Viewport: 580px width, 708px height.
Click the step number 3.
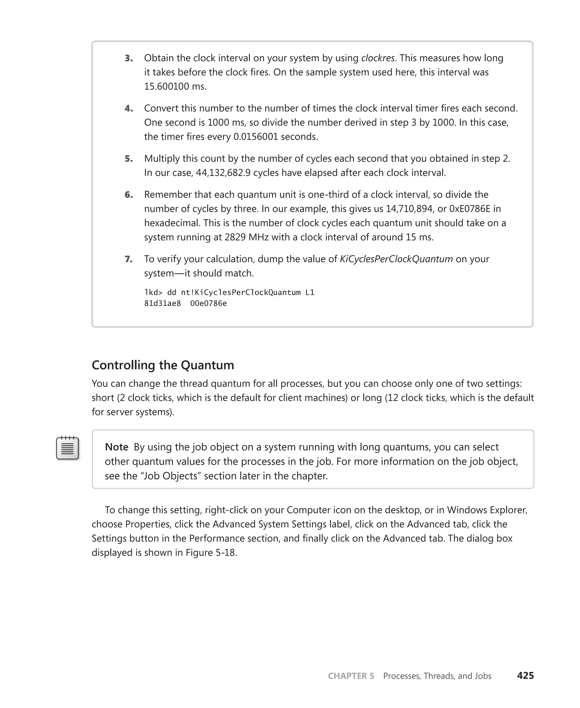[129, 58]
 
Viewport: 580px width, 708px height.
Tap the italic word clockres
[378, 58]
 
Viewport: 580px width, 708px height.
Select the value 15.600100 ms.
[175, 87]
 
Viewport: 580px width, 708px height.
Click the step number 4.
[129, 108]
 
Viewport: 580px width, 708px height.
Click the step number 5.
[129, 159]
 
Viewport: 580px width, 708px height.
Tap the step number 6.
[129, 195]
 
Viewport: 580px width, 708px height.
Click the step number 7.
[129, 259]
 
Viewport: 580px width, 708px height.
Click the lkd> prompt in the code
[153, 293]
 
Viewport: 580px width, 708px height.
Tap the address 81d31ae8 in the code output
[162, 303]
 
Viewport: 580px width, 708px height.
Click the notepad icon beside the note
[67, 448]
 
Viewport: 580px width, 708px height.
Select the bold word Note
[117, 447]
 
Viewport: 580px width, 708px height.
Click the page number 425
[525, 676]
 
